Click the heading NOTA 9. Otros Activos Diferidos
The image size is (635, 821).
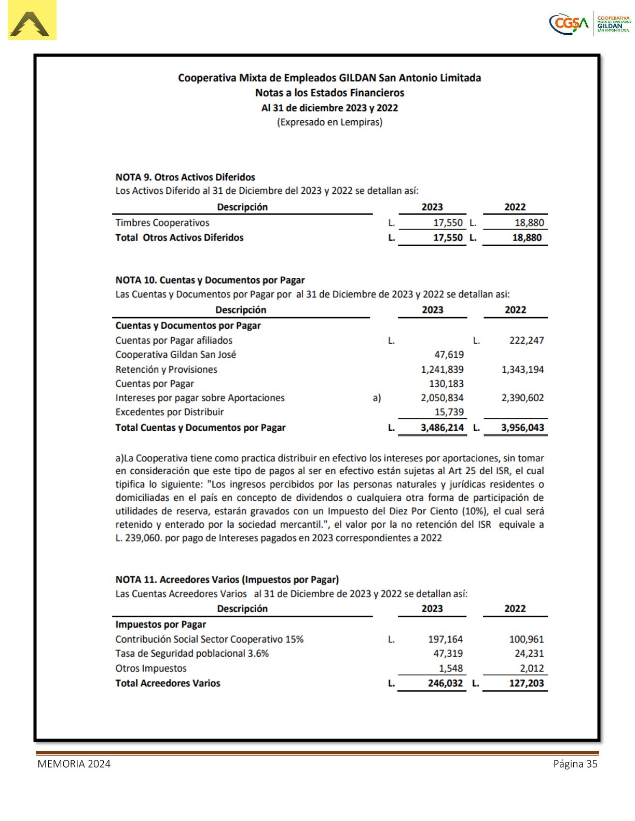pos(185,177)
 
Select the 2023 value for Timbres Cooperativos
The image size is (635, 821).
pos(448,223)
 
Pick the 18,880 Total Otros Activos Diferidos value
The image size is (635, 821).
pos(527,238)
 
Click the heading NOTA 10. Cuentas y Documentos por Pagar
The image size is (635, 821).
pos(210,280)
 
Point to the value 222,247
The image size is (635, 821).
pos(526,341)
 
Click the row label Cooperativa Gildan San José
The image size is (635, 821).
pos(175,355)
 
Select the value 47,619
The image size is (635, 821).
pos(449,355)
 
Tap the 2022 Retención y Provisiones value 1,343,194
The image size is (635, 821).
pos(522,370)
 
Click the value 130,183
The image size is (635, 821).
pos(446,384)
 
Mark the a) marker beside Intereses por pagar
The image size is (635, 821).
pos(377,398)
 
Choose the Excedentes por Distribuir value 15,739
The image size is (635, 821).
pos(449,412)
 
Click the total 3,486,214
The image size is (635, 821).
pos(442,428)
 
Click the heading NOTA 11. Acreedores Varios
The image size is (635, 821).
pos(227,580)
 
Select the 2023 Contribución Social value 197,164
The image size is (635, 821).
pos(445,640)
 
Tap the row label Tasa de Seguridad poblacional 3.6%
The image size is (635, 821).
pos(192,654)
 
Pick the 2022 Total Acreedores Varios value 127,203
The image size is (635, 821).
pos(526,684)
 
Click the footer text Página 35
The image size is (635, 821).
pos(575,764)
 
